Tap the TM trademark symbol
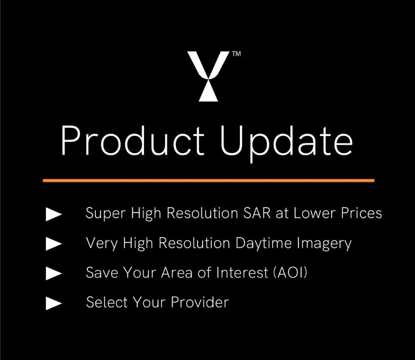236,54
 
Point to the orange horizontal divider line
208,181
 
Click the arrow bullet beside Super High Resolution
54,214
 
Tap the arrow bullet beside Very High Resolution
54,244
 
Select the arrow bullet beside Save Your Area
54,274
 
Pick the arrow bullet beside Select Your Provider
54,304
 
